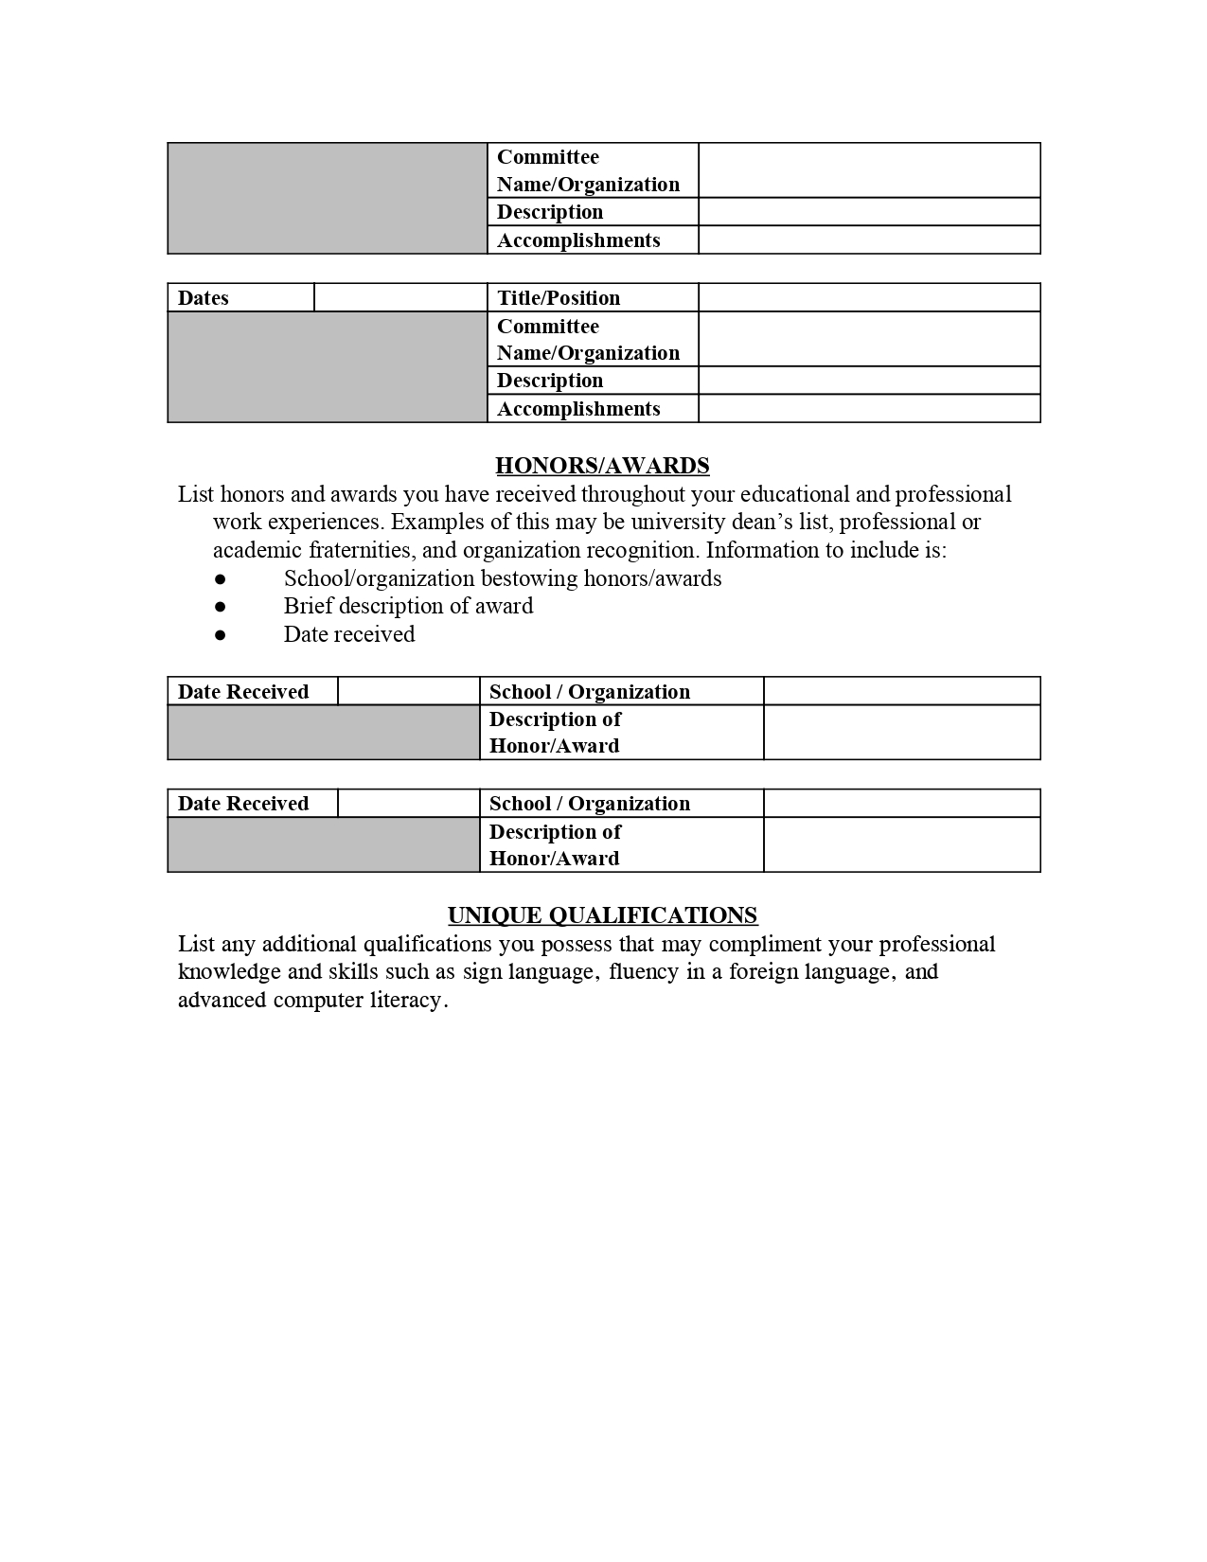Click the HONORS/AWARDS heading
[602, 466]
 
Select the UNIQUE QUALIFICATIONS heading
[602, 915]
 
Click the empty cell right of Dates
[400, 298]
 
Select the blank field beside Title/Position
[869, 298]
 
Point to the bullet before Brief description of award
[220, 606]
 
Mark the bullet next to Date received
[220, 634]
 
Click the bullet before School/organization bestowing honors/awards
[220, 578]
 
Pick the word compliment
[764, 944]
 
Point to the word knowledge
[223, 972]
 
